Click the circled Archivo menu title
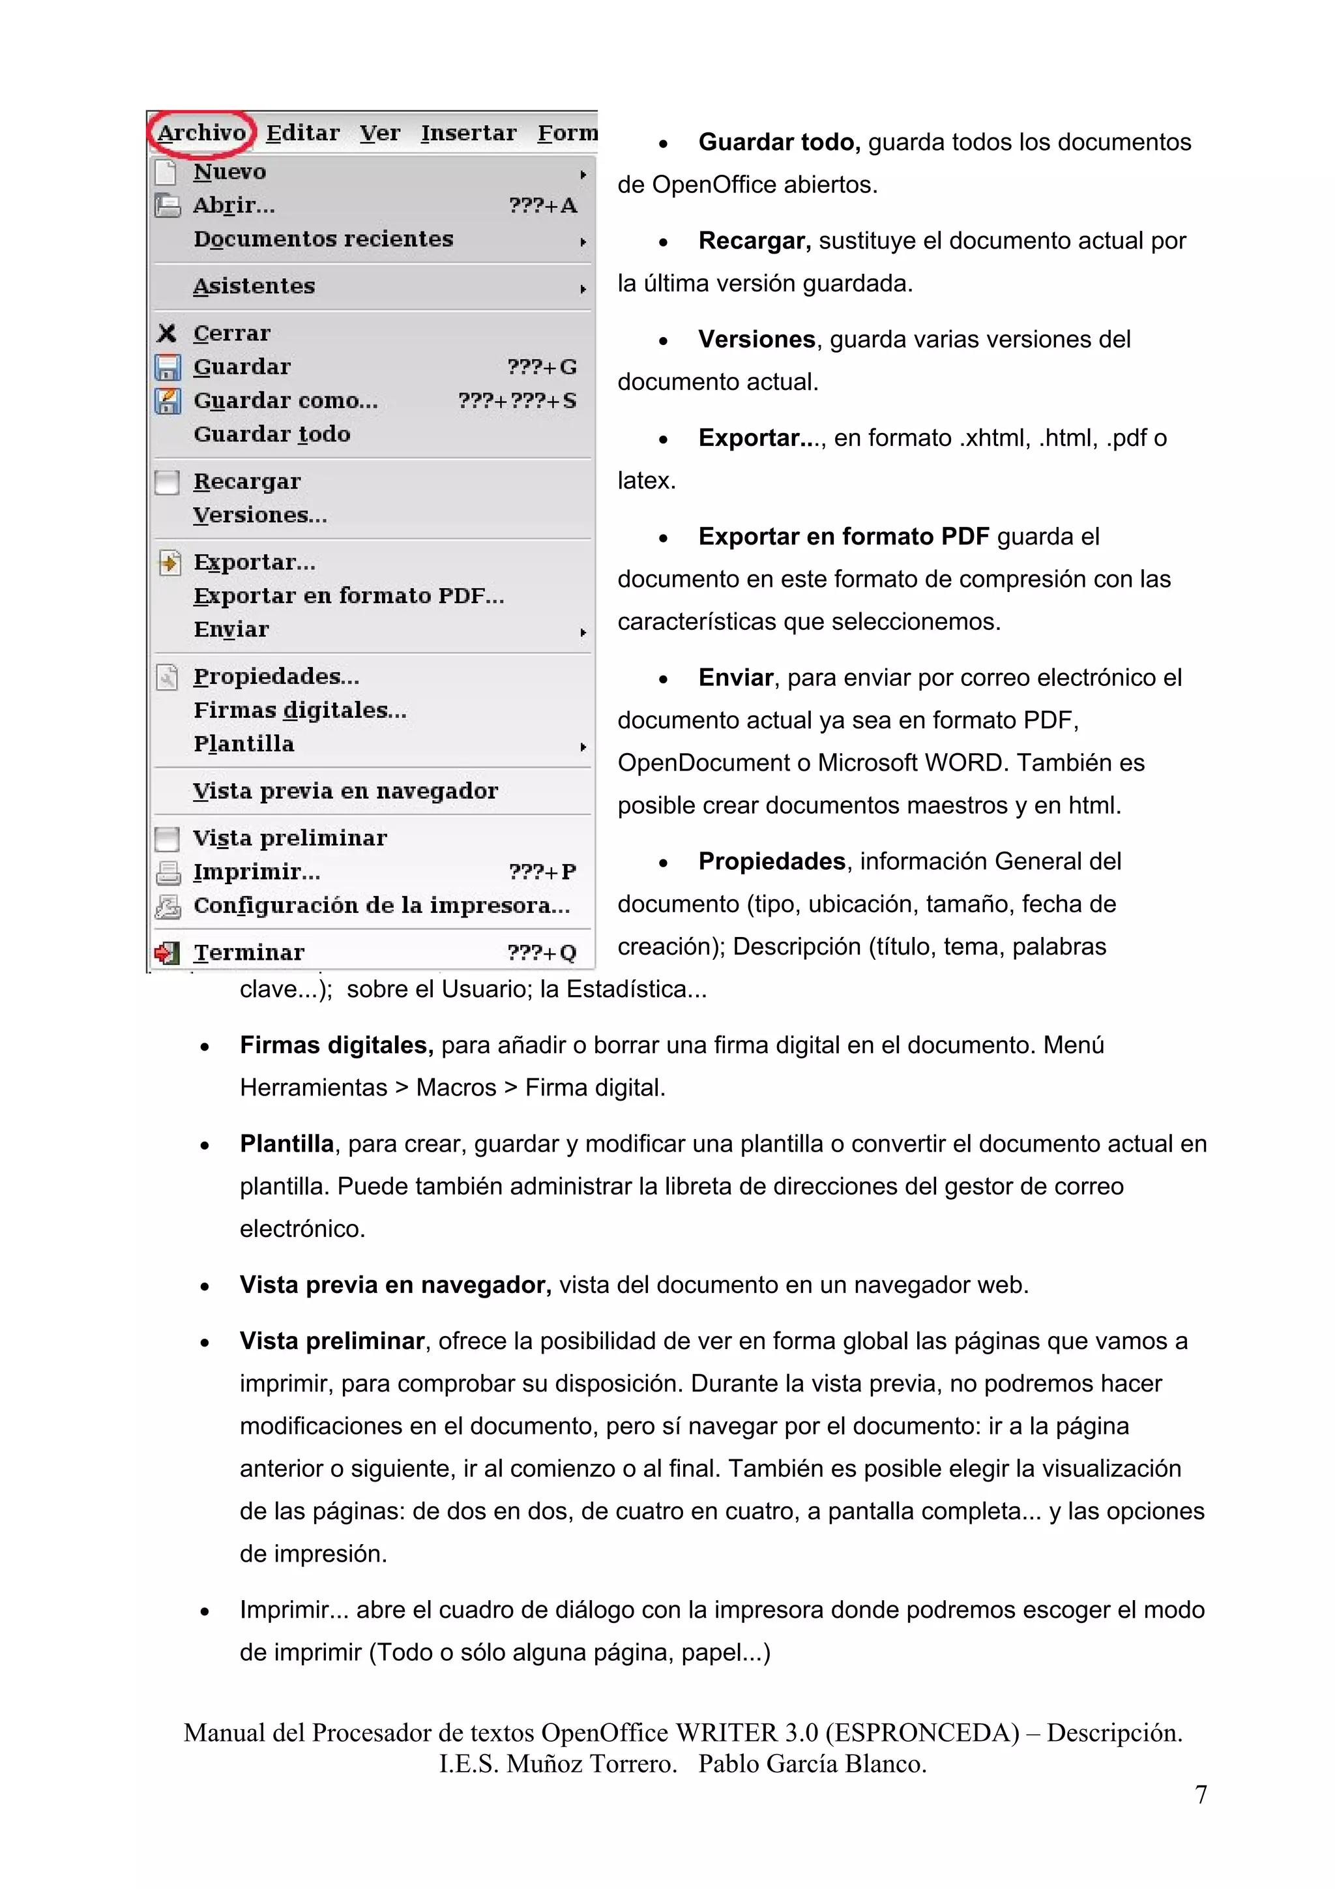click(x=201, y=132)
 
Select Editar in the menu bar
click(x=302, y=133)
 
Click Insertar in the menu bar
click(x=468, y=133)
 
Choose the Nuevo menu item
click(x=229, y=172)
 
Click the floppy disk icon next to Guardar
click(x=168, y=367)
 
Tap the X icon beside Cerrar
click(x=167, y=333)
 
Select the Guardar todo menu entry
click(x=271, y=434)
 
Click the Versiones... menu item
click(x=260, y=515)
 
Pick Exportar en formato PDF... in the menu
click(x=349, y=596)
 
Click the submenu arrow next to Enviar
click(x=582, y=632)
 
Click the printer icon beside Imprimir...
click(x=168, y=872)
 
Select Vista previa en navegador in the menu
click(x=345, y=792)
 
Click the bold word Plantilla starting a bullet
click(x=286, y=1144)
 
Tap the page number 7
click(x=1201, y=1794)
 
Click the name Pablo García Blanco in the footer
click(x=813, y=1763)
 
